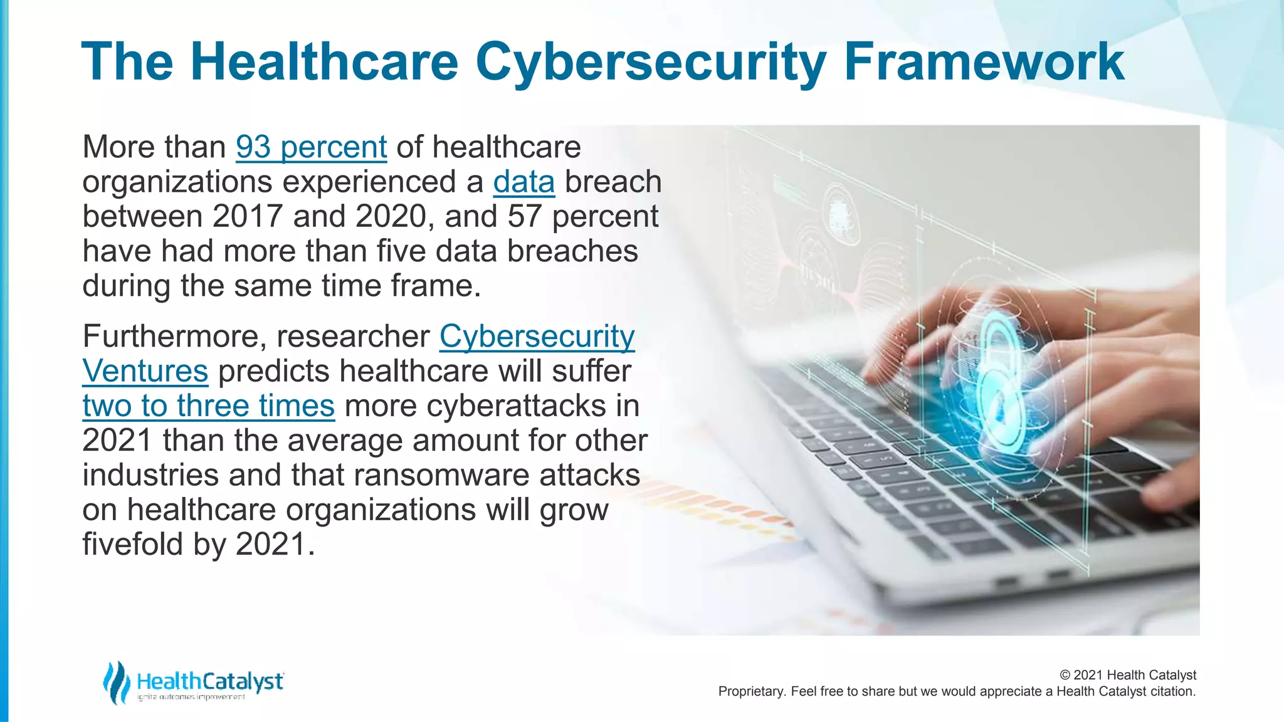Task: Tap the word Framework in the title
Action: point(984,62)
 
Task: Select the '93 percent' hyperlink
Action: point(311,147)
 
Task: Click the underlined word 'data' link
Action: point(524,182)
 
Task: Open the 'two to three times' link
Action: point(208,405)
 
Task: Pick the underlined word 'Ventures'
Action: point(145,371)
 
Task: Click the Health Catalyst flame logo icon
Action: point(116,682)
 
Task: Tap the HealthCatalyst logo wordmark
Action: point(209,681)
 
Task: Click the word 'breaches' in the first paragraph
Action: point(572,251)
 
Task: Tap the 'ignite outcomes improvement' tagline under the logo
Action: point(191,697)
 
